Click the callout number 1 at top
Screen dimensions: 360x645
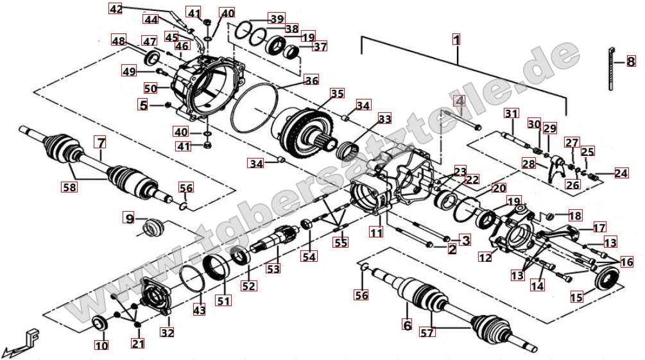[x=456, y=39]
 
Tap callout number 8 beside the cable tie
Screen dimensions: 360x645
[x=631, y=62]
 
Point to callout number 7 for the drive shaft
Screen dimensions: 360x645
[x=101, y=142]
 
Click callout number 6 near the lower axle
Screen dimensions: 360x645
[x=406, y=325]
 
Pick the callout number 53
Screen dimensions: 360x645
[x=274, y=269]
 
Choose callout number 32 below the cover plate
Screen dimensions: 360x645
[x=168, y=332]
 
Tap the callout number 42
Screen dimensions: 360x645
[x=116, y=9]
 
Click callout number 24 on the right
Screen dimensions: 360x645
[x=621, y=173]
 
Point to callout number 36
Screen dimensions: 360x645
[x=311, y=81]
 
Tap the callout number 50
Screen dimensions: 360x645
[x=150, y=88]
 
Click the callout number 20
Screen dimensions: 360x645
[x=499, y=189]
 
